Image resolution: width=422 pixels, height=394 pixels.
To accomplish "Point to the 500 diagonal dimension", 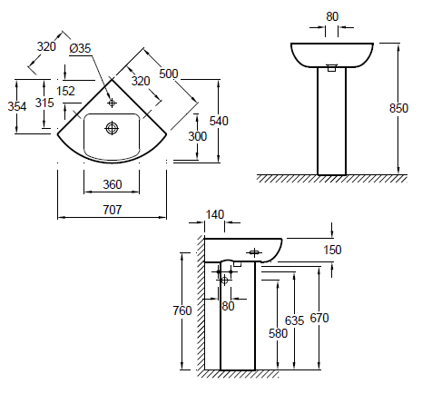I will [x=167, y=73].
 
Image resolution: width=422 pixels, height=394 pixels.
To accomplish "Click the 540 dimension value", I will [x=221, y=120].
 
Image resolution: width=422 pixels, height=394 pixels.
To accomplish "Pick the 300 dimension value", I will [x=197, y=137].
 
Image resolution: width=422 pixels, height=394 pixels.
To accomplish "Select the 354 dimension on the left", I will [x=16, y=106].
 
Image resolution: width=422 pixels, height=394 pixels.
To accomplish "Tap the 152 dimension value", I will [x=65, y=91].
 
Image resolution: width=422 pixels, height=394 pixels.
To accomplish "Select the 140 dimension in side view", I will [x=215, y=214].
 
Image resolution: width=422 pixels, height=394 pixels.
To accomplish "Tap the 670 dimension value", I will [x=319, y=318].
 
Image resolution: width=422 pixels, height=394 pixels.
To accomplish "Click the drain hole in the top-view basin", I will [x=112, y=127].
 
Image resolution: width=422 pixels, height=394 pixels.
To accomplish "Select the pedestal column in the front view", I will [x=331, y=123].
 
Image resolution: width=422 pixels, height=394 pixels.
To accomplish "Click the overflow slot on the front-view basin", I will [x=331, y=66].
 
